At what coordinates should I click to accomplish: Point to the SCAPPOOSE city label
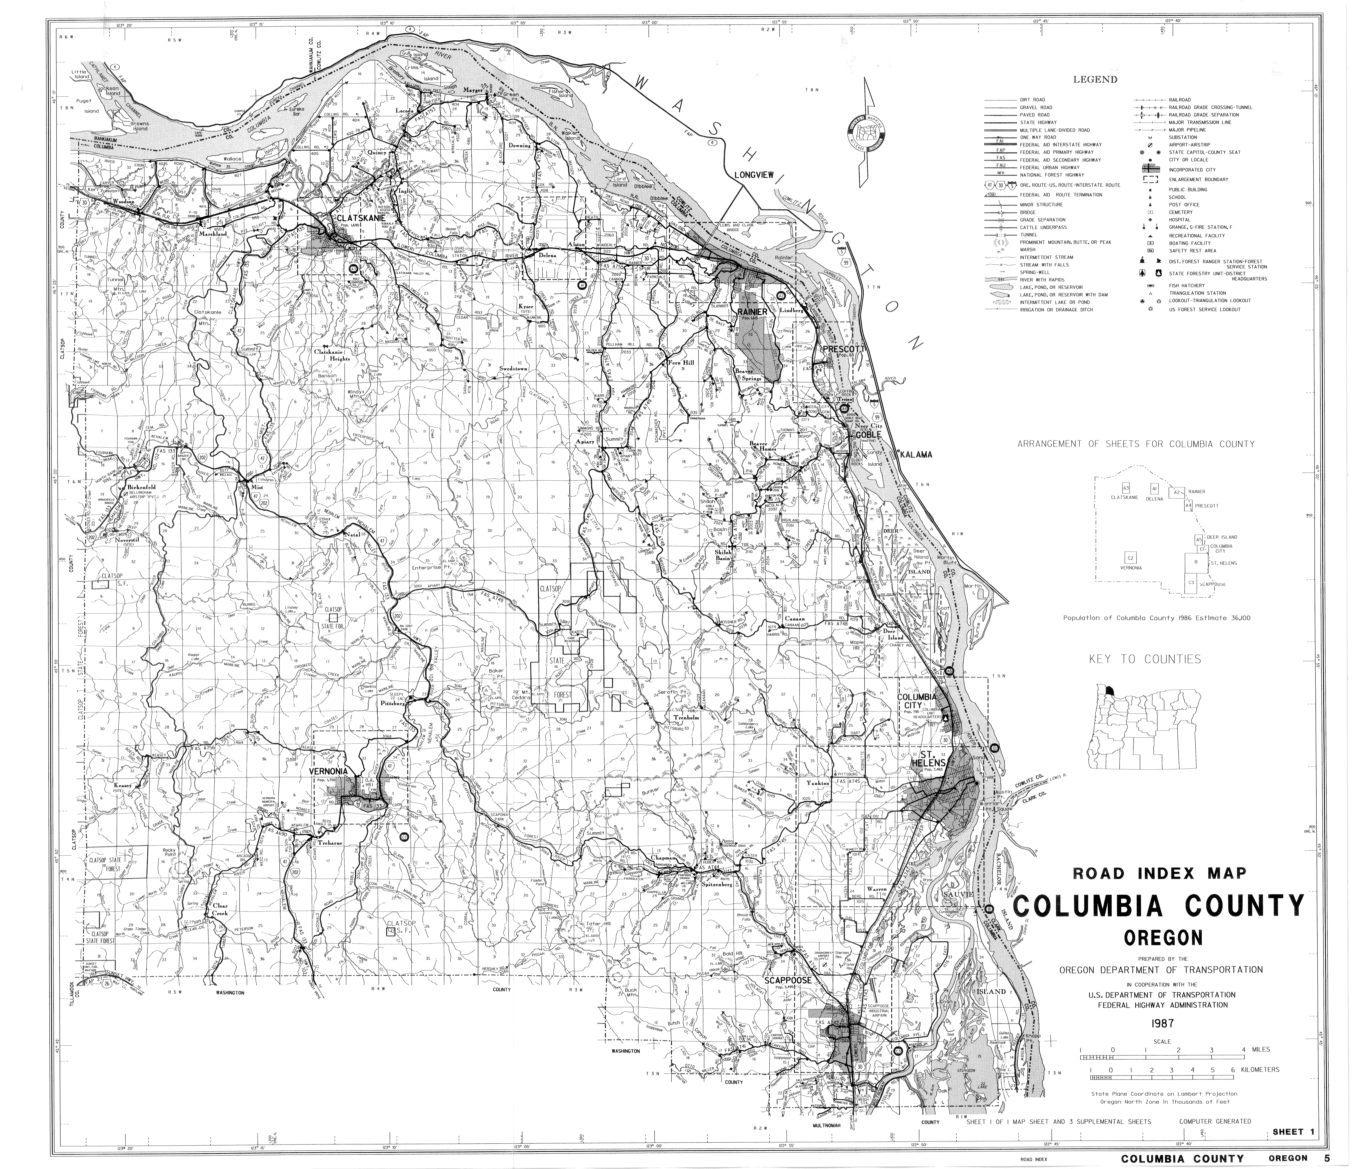[788, 980]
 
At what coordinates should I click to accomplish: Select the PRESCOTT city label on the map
[845, 349]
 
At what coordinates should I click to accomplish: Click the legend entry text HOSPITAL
[1178, 220]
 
